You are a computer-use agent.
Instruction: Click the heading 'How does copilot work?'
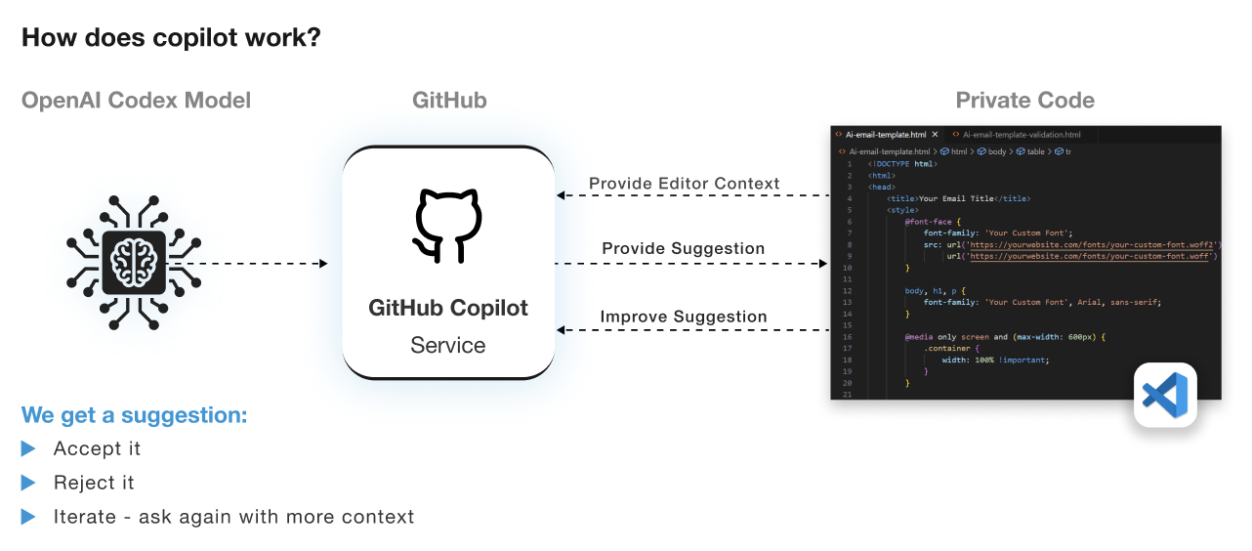point(171,38)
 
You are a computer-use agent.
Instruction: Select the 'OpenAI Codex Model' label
point(136,100)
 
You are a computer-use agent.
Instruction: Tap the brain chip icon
point(134,263)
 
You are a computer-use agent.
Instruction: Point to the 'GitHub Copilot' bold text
point(448,308)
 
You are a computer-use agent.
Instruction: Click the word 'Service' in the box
point(448,345)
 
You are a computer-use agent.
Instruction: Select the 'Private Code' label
point(1024,100)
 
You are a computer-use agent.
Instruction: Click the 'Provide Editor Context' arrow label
point(684,184)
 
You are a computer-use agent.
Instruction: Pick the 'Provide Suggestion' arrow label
point(684,249)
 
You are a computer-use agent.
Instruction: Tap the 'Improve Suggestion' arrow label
point(684,317)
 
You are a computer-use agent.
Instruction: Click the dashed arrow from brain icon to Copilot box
point(256,264)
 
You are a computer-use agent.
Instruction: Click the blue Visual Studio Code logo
point(1165,395)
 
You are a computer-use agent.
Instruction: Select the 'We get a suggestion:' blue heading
point(135,415)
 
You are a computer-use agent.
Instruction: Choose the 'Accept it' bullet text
point(97,448)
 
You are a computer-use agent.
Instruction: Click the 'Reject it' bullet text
point(94,483)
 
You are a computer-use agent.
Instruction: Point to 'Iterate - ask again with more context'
point(233,517)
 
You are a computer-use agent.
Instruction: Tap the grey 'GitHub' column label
point(449,100)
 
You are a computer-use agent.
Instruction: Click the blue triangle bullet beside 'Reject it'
point(29,483)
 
